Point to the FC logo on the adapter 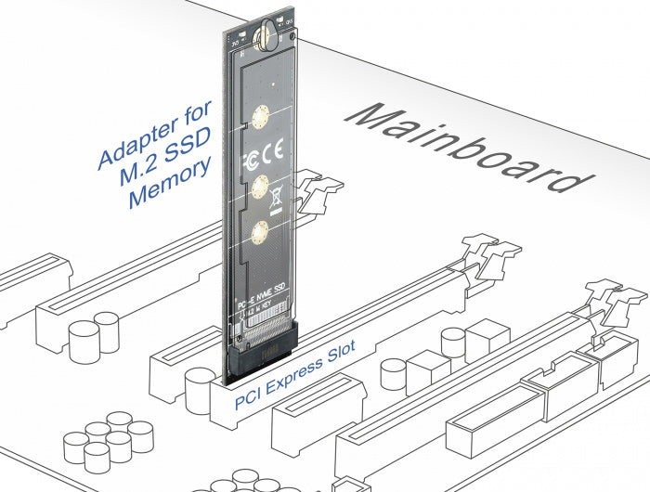tap(249, 154)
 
